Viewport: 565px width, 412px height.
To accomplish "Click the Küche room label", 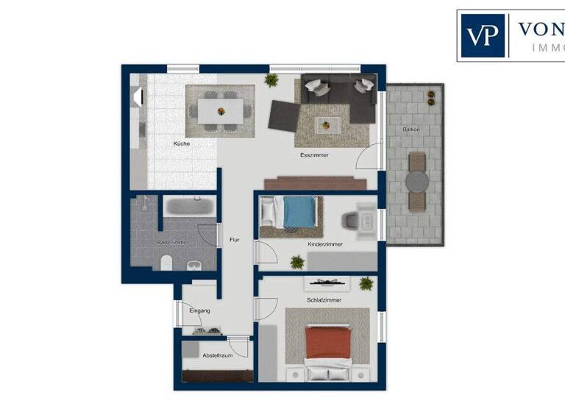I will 182,143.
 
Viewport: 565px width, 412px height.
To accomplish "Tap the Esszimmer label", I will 314,156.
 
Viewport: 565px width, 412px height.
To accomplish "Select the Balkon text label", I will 411,129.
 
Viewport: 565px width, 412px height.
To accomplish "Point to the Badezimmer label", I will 173,242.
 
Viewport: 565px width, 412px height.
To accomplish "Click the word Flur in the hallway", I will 234,240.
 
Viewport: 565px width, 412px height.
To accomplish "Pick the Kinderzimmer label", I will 325,244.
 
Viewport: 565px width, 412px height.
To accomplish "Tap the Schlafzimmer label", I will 324,300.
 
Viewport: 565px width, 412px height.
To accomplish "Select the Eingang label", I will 199,310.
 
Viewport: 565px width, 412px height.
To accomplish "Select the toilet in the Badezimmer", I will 166,262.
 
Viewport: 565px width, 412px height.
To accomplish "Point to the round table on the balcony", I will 416,181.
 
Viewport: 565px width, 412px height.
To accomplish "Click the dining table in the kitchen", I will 220,110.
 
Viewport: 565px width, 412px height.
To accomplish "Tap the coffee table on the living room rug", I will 327,124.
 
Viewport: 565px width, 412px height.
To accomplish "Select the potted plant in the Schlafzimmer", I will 366,283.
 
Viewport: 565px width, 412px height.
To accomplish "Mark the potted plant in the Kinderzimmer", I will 297,261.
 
